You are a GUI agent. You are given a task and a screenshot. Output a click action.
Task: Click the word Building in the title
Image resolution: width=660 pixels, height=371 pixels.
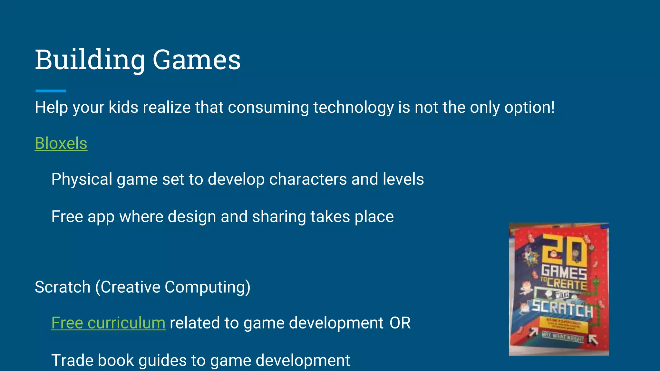(x=90, y=60)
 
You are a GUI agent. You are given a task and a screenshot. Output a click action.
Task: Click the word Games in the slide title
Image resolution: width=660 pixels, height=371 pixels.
(x=196, y=60)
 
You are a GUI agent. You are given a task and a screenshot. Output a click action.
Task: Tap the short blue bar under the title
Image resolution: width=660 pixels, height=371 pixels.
(x=51, y=91)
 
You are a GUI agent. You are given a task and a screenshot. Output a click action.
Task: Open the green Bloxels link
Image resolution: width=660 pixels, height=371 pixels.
(x=61, y=143)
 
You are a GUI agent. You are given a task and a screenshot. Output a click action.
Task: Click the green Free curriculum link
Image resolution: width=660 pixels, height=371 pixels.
(x=108, y=323)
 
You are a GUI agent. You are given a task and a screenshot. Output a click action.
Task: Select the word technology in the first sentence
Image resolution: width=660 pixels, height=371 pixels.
(x=353, y=108)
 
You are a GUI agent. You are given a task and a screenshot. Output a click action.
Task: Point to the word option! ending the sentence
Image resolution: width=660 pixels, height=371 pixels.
(x=529, y=108)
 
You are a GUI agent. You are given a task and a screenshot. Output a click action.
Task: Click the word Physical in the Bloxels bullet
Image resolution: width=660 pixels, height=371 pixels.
(x=82, y=179)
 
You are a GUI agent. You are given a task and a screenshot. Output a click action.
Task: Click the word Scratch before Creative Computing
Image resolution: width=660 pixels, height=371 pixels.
(x=63, y=287)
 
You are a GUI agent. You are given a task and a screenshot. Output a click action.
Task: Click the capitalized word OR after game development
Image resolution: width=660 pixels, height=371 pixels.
(x=400, y=323)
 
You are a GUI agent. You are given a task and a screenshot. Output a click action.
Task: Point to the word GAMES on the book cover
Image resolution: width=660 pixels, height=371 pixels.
(x=564, y=272)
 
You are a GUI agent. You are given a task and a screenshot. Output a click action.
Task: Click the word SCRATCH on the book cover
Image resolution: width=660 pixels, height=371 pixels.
(x=562, y=309)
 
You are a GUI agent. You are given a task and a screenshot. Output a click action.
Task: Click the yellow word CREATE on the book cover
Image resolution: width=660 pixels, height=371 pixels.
(x=567, y=284)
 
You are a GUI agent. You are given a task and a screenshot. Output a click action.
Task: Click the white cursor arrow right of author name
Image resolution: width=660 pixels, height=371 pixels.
(x=593, y=339)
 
